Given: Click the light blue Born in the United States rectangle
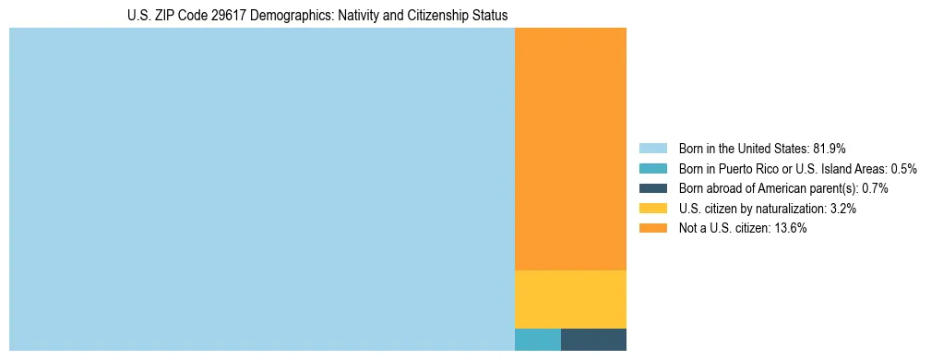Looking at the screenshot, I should pos(261,189).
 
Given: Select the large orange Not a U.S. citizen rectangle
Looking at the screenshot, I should pos(570,149).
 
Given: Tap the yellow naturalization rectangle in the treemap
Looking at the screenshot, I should pos(570,299).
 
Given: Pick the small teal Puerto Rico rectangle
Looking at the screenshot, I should pos(537,340).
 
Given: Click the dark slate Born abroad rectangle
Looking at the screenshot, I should pos(593,340).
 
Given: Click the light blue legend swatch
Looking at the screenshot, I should pos(652,149).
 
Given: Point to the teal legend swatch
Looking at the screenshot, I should pos(652,169).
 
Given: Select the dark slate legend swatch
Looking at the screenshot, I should pos(652,188).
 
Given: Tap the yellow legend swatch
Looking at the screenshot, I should pos(652,209).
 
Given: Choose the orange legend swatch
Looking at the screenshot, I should pos(652,228).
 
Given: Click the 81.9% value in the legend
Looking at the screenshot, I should pos(829,149).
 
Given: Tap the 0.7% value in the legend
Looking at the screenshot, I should pos(875,188).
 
